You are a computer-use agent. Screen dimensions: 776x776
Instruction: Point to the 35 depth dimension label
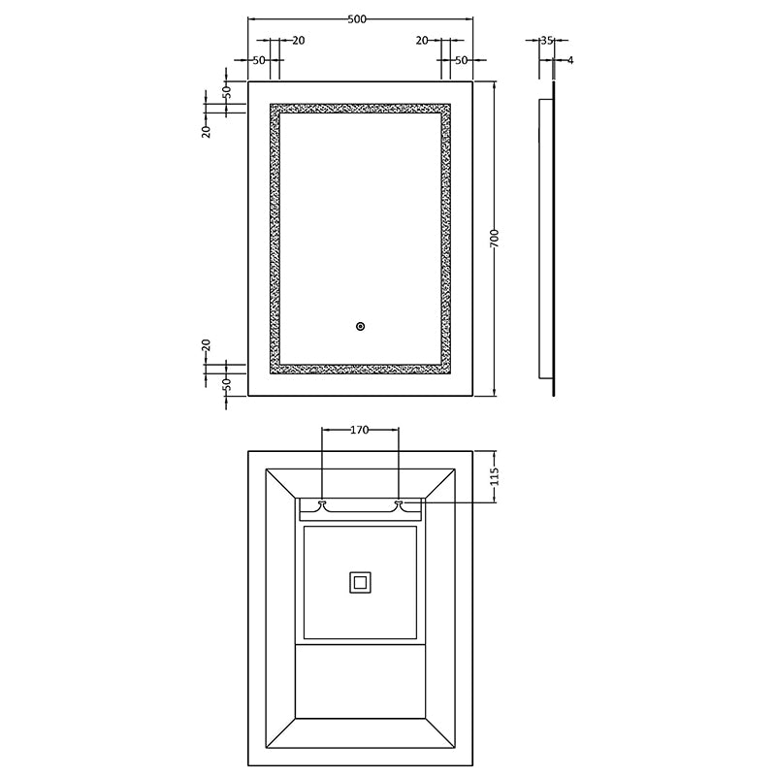(x=546, y=41)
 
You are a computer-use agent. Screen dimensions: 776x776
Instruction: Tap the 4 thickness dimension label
(x=570, y=60)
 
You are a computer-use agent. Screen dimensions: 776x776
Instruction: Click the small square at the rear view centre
(x=360, y=582)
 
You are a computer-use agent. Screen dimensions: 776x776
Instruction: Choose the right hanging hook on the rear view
(x=399, y=503)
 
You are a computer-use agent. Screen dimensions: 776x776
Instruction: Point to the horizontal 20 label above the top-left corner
(x=298, y=41)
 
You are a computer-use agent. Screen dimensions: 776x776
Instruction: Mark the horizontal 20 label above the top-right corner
(x=422, y=41)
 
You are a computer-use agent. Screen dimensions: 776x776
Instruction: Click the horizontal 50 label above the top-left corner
(x=259, y=60)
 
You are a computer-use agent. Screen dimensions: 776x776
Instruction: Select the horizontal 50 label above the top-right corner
(x=462, y=60)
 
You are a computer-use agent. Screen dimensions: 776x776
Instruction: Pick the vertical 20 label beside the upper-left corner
(x=207, y=131)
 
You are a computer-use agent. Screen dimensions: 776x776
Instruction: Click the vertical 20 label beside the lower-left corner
(x=207, y=345)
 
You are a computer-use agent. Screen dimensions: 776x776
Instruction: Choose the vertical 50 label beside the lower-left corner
(x=226, y=383)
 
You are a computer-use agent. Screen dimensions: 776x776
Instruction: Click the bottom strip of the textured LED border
(x=360, y=369)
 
